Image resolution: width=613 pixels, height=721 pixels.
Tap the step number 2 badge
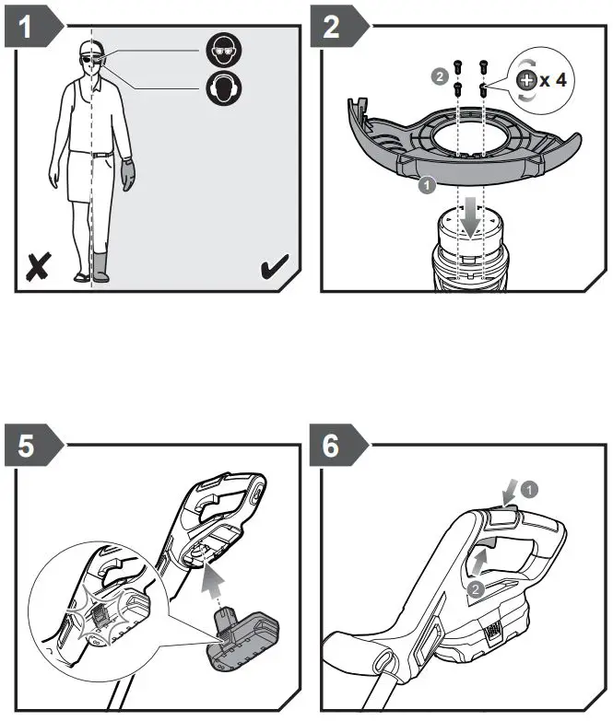pos(332,27)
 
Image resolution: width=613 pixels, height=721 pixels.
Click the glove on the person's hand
pos(127,174)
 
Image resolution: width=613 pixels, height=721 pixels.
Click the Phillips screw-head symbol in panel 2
pos(527,81)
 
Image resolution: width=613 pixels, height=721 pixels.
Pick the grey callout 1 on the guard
pos(426,186)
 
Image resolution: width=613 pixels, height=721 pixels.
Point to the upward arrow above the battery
pos(214,580)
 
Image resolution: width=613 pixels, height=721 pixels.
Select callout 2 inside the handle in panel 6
pos(474,587)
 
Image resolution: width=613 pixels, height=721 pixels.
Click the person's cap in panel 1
pos(88,48)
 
